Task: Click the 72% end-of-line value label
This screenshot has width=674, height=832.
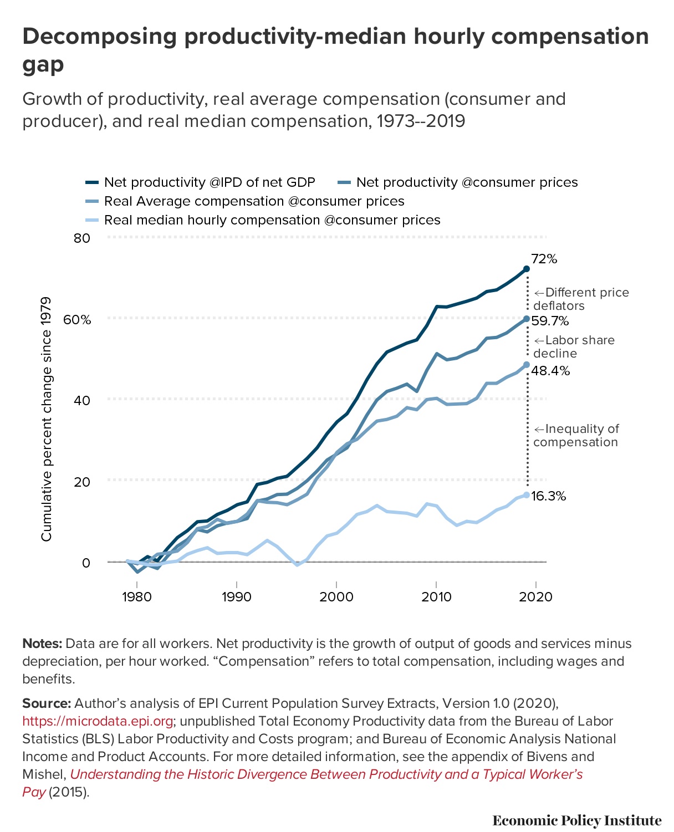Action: [x=544, y=259]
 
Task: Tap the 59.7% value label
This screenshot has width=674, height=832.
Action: [x=550, y=321]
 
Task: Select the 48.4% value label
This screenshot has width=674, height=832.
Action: [x=550, y=371]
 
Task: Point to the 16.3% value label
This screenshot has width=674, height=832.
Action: [x=548, y=496]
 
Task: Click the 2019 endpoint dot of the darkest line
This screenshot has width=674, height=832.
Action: [x=527, y=269]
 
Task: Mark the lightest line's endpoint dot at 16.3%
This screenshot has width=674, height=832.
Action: [x=527, y=495]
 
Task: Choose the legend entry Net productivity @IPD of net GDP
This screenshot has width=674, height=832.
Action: [x=209, y=182]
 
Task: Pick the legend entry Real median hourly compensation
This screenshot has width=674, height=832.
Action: [x=272, y=220]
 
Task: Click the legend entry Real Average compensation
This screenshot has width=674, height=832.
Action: [x=254, y=201]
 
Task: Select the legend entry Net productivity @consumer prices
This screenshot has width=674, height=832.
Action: [x=466, y=182]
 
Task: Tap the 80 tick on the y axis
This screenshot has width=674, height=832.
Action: [x=81, y=238]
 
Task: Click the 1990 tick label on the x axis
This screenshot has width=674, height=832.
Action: [x=237, y=597]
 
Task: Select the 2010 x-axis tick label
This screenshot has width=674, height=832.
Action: [x=436, y=597]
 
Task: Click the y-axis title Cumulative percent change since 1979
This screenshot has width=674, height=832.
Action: [x=47, y=419]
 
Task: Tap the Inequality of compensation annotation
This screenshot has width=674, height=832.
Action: [x=576, y=436]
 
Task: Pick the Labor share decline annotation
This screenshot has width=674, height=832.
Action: [x=574, y=347]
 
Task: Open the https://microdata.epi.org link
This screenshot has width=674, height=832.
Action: [x=98, y=721]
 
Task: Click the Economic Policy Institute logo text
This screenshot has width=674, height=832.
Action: [x=576, y=820]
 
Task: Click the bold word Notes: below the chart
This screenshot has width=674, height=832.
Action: [x=42, y=644]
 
